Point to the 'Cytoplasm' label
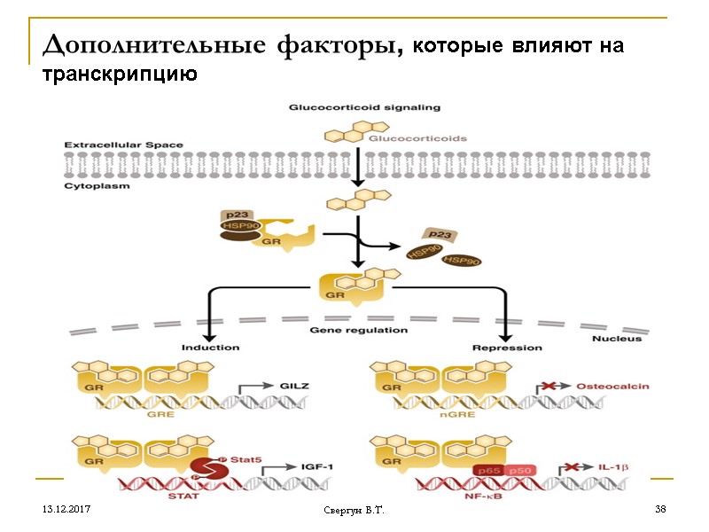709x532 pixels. (97, 186)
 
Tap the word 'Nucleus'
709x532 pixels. (616, 338)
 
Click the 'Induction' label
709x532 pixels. (210, 347)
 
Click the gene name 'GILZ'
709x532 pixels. (294, 387)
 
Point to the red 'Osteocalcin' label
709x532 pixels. (612, 387)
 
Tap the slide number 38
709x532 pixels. (659, 509)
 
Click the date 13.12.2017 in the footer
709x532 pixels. (66, 509)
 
